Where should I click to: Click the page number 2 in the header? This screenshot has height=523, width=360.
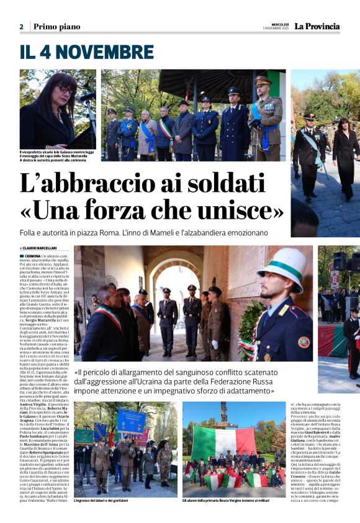[21, 27]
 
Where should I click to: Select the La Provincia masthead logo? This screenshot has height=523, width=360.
[317, 26]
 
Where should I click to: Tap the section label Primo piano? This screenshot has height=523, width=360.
[56, 27]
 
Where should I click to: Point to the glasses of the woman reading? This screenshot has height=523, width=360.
[65, 90]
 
